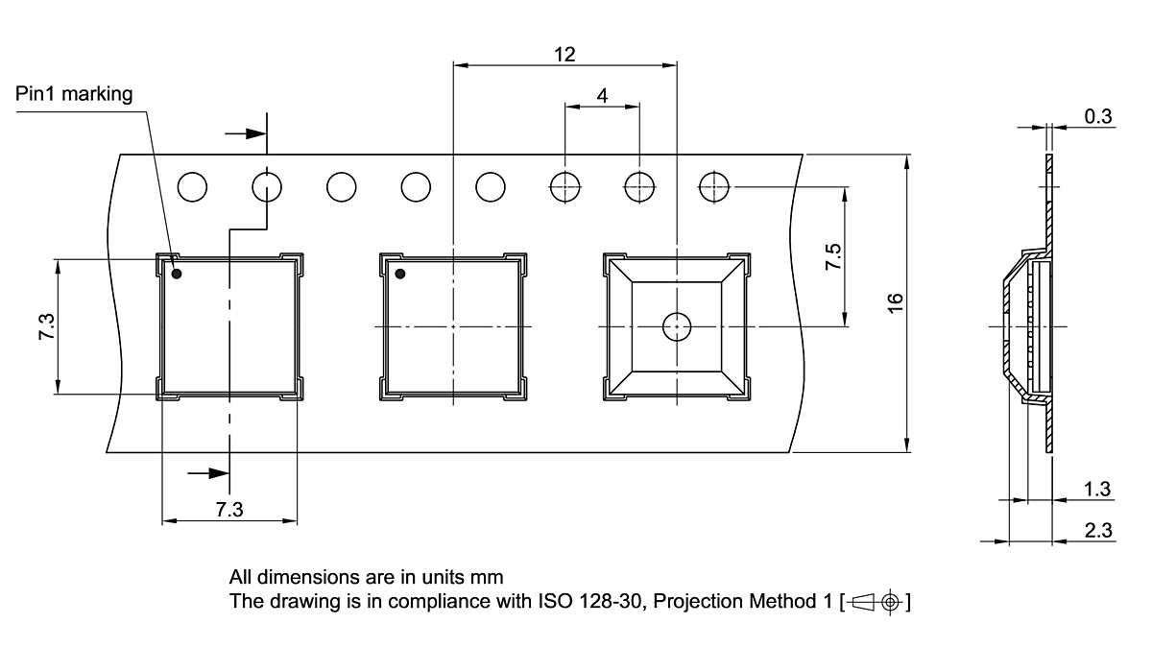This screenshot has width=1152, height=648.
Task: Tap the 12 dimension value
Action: pos(564,54)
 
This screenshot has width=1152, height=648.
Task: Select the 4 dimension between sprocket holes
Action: pos(602,95)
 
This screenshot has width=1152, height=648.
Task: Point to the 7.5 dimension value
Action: pos(833,256)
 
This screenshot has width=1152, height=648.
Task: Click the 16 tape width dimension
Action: pos(895,301)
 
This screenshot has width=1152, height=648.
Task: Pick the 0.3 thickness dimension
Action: pos(1097,117)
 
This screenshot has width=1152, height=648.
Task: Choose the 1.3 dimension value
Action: pos(1097,490)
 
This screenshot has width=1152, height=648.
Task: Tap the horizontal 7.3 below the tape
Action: pos(228,511)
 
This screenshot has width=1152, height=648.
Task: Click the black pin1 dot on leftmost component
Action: pos(177,275)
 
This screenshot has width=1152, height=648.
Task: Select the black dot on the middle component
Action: pos(400,276)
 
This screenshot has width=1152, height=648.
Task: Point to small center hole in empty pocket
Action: pos(677,327)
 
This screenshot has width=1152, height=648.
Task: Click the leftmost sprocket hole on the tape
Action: pos(192,186)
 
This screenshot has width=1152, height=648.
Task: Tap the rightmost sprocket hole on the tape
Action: pos(714,186)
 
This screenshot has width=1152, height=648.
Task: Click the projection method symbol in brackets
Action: pos(875,603)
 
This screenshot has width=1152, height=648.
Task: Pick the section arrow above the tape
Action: pos(246,133)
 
